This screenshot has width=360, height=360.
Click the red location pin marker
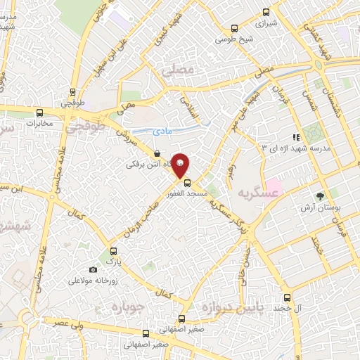pyautogui.click(x=180, y=165)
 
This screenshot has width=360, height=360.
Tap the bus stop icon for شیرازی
pyautogui.click(x=266, y=12)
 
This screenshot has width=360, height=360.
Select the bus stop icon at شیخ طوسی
pyautogui.click(x=234, y=29)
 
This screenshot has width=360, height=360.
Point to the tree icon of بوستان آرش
pyautogui.click(x=321, y=196)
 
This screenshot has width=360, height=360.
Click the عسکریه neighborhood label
pyautogui.click(x=255, y=193)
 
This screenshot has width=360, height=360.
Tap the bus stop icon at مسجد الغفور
pyautogui.click(x=186, y=181)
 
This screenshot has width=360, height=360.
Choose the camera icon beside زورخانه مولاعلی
pyautogui.click(x=93, y=270)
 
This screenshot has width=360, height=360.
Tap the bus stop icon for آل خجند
pyautogui.click(x=286, y=297)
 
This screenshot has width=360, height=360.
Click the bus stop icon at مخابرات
pyautogui.click(x=40, y=112)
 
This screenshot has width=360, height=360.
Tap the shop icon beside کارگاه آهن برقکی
pyautogui.click(x=156, y=154)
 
